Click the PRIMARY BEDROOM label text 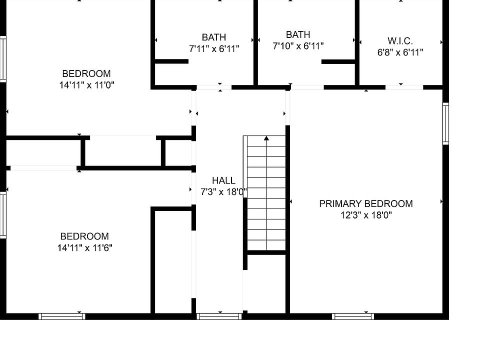[x=366, y=203]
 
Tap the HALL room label [x=223, y=180]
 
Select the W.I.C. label [x=400, y=41]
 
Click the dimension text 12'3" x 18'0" [x=366, y=215]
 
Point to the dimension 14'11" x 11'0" [x=86, y=85]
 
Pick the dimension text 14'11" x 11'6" [x=85, y=247]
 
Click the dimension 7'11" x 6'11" [x=213, y=48]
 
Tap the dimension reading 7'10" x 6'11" [x=298, y=46]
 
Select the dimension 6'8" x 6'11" [x=400, y=52]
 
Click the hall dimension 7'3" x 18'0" [x=223, y=191]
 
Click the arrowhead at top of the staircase [x=266, y=137]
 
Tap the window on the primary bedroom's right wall [x=445, y=123]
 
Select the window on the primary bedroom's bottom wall [x=353, y=316]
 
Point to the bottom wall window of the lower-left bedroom [x=62, y=316]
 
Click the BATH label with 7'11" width [x=213, y=37]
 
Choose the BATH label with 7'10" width [x=298, y=34]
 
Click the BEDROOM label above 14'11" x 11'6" [x=84, y=236]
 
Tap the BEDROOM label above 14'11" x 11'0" [x=86, y=73]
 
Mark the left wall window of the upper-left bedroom [x=2, y=59]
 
